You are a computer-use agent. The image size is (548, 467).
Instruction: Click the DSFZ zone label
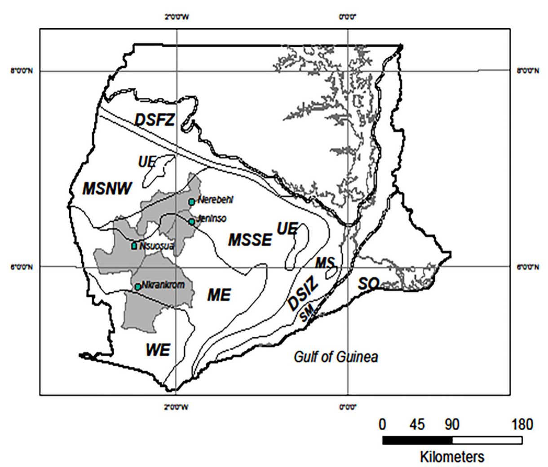click(x=155, y=120)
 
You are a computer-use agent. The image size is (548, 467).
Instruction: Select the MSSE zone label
click(x=250, y=240)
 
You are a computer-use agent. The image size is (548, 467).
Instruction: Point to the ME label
click(x=219, y=295)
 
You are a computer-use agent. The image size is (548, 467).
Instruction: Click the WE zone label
click(x=158, y=349)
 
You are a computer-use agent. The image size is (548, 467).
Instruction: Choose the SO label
click(x=368, y=283)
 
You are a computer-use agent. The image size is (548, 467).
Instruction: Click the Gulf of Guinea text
click(x=336, y=357)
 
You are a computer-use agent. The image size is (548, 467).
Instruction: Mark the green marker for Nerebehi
click(x=192, y=202)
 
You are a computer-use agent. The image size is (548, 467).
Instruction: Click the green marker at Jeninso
click(x=192, y=221)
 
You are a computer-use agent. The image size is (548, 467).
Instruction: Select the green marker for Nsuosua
click(x=134, y=246)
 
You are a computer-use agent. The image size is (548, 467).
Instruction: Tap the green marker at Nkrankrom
click(x=137, y=286)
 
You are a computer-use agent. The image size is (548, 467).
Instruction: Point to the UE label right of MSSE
click(x=287, y=229)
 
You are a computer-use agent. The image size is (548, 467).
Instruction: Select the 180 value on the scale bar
click(x=521, y=424)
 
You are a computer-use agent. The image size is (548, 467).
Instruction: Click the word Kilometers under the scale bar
click(x=452, y=457)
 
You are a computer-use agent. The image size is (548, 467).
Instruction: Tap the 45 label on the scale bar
click(x=417, y=424)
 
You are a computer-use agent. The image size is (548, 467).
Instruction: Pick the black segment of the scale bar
click(x=417, y=441)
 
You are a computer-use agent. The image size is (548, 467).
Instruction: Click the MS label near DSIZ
click(x=325, y=263)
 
